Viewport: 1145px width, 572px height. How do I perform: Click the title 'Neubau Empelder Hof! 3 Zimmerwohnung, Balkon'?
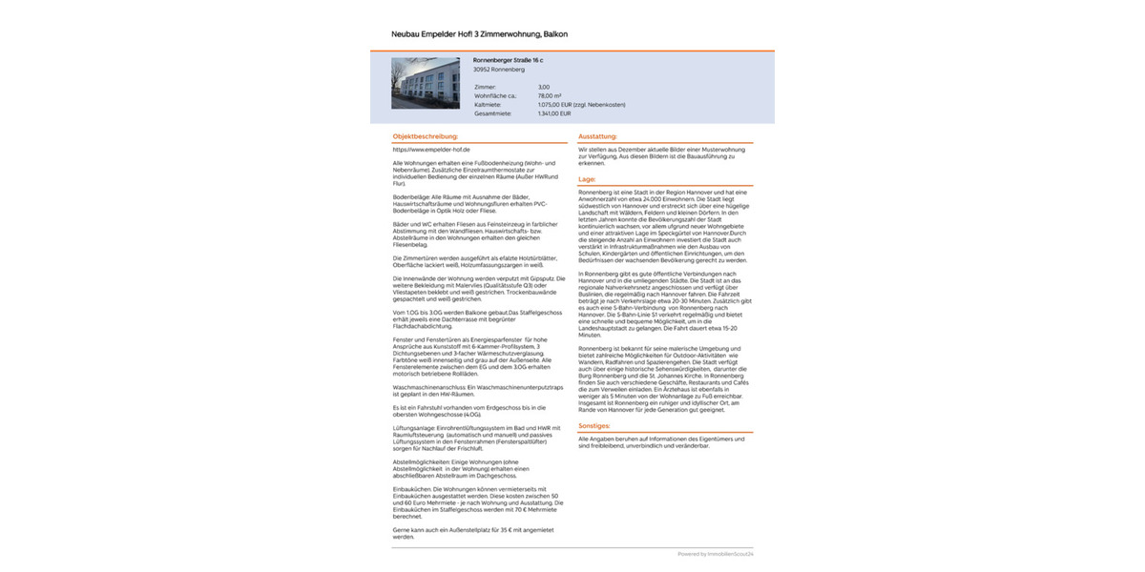[479, 34]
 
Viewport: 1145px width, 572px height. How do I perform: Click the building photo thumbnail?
[426, 83]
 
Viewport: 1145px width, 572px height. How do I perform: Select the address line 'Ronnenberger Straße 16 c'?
[508, 60]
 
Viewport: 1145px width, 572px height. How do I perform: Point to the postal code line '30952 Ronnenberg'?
[498, 70]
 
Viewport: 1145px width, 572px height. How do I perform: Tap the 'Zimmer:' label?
[486, 87]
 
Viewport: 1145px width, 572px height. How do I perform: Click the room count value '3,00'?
[544, 87]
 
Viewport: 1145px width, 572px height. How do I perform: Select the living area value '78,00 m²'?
[550, 95]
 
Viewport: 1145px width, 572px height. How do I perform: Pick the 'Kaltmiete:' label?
[489, 104]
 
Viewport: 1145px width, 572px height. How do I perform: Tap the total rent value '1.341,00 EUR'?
[554, 113]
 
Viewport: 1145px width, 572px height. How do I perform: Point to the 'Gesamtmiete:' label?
[492, 113]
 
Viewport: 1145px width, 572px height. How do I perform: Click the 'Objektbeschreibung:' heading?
[426, 136]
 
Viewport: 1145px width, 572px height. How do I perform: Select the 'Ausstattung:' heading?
[597, 136]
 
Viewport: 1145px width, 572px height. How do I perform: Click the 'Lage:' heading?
[587, 179]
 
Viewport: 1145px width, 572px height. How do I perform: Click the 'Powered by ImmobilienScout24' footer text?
[716, 554]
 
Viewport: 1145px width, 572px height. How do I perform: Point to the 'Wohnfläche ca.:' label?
[495, 95]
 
